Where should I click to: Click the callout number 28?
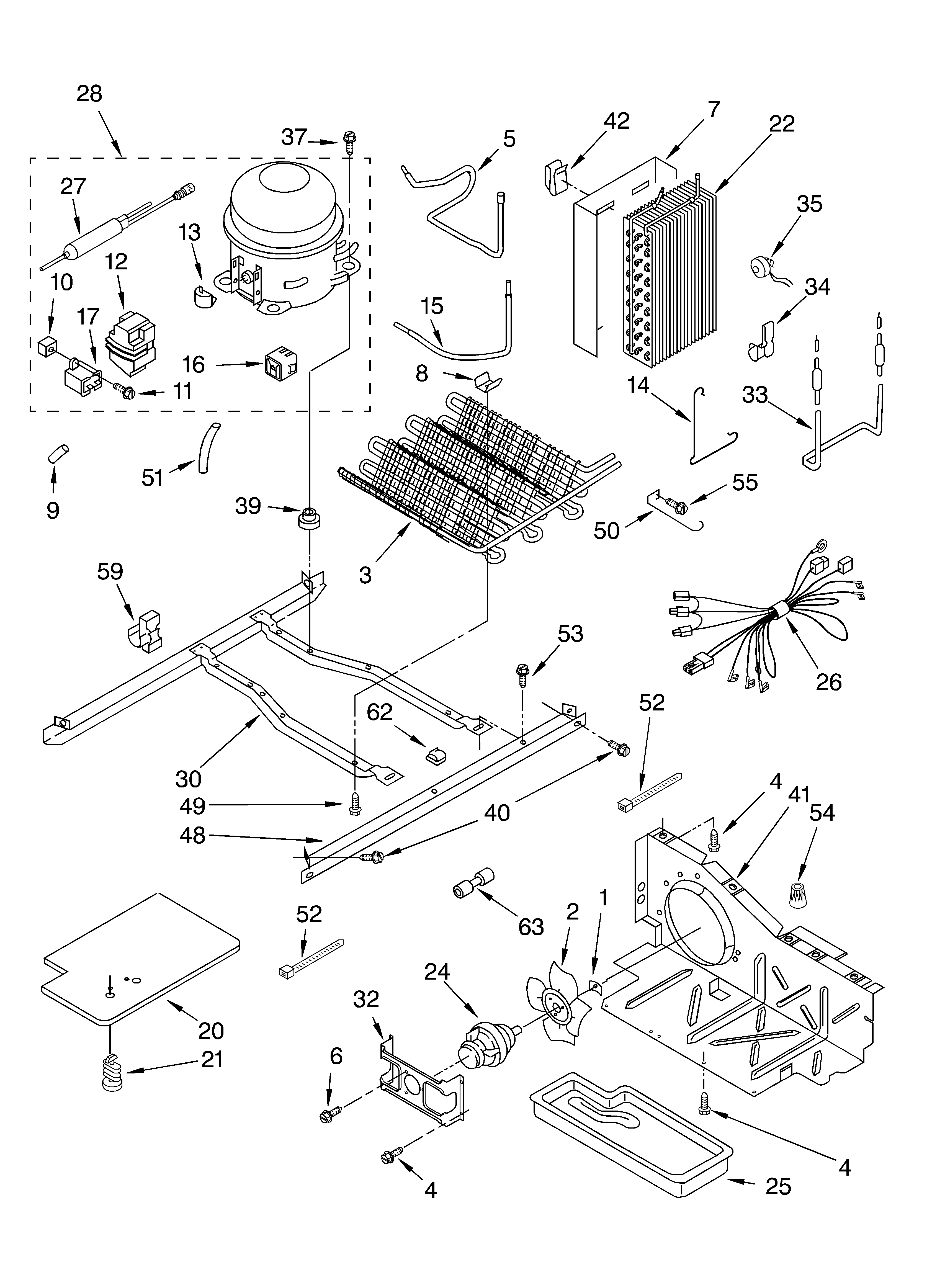(x=89, y=94)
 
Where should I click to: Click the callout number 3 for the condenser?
(x=365, y=575)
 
